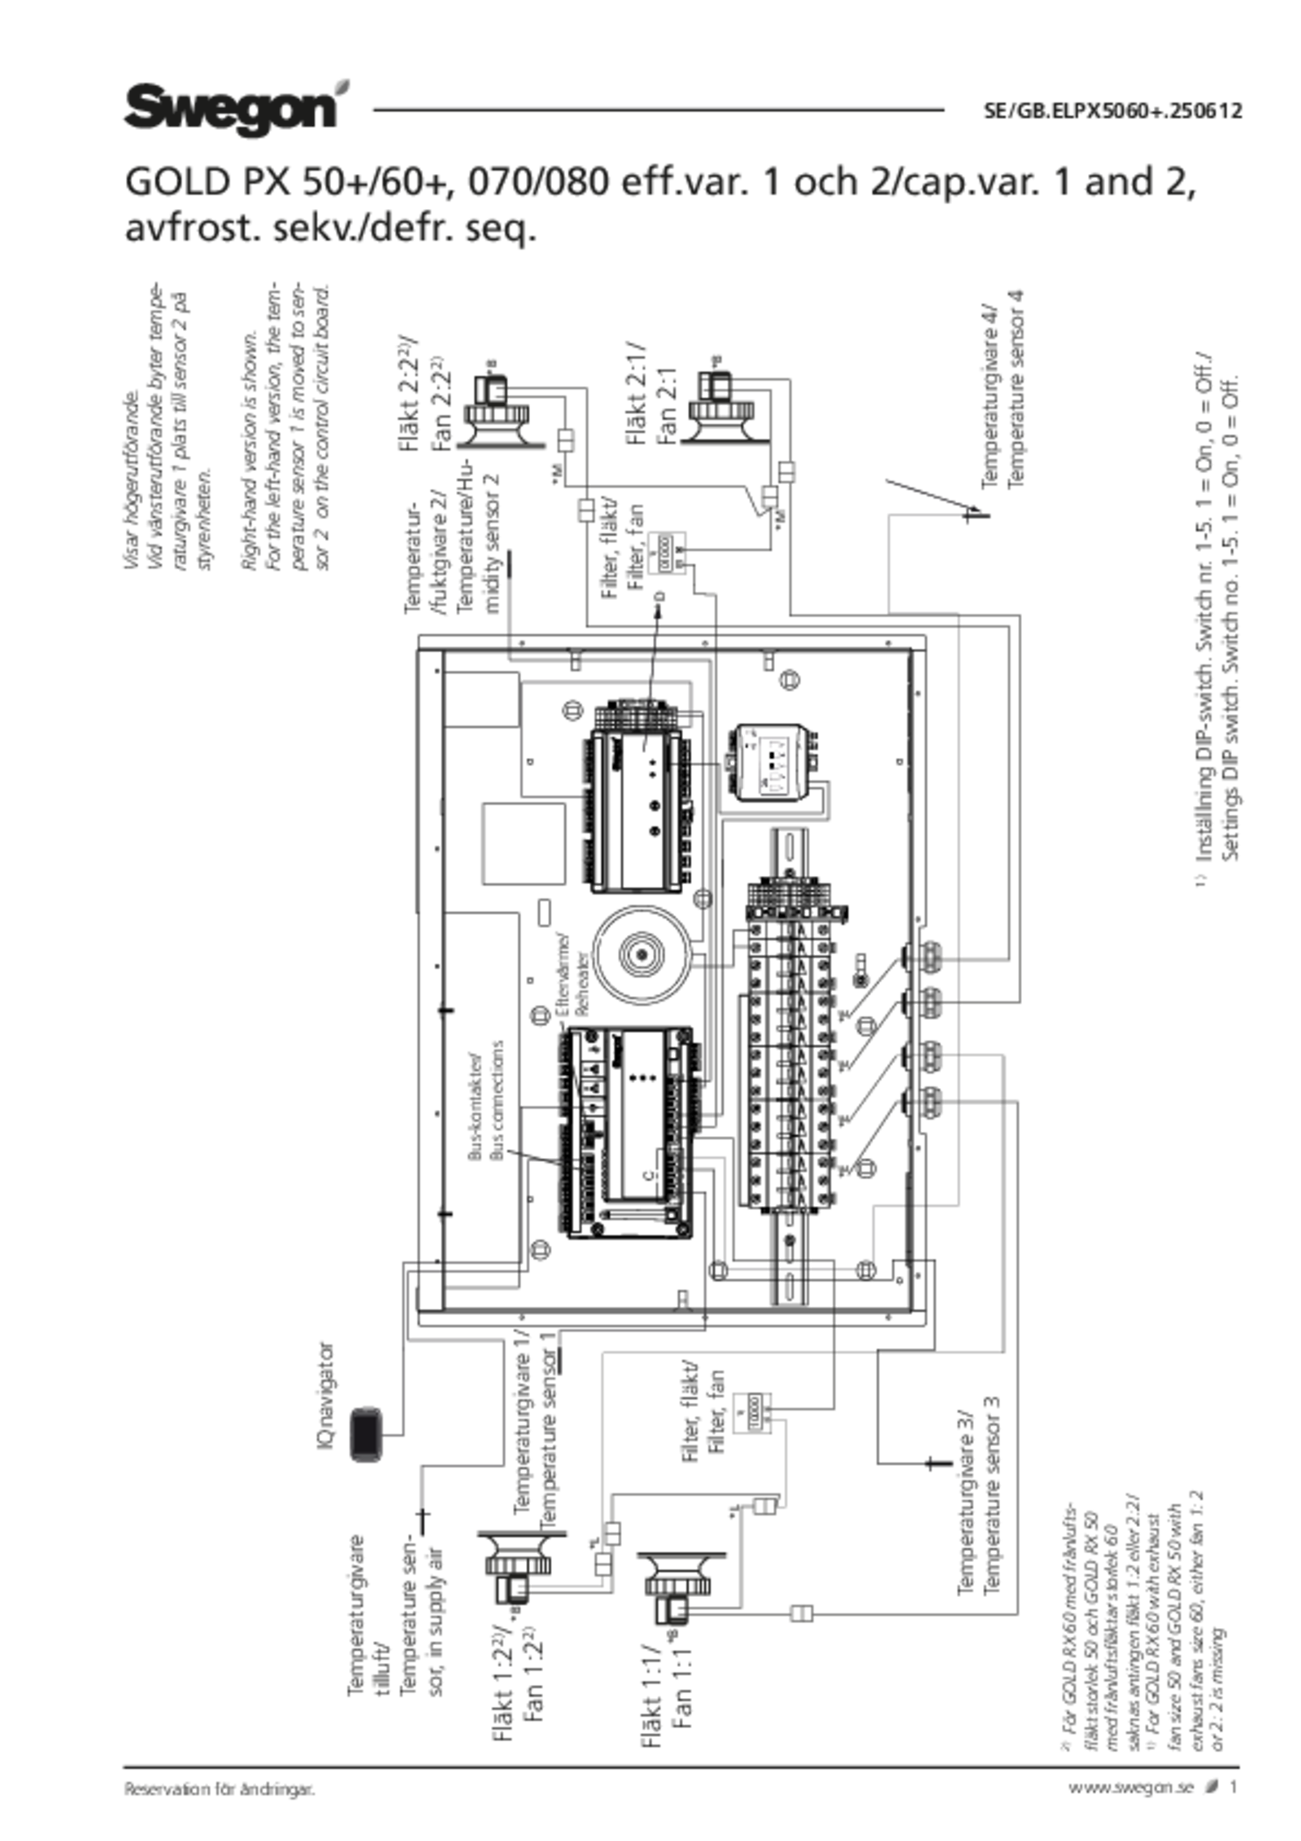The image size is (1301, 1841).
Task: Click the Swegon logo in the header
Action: tap(229, 104)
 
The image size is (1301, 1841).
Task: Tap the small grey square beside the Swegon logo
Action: tap(343, 87)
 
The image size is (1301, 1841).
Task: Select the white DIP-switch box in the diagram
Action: tap(768, 763)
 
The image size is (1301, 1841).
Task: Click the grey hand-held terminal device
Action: tap(366, 1434)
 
